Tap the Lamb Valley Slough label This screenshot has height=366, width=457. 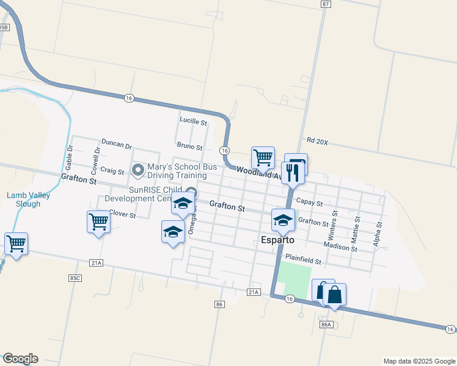(x=24, y=199)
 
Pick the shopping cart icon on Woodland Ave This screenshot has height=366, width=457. (x=263, y=157)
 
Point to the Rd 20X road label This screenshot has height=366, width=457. (x=318, y=142)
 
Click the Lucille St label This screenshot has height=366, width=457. (x=193, y=121)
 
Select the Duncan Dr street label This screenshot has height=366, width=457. (x=117, y=145)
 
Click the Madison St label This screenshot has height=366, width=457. (x=340, y=246)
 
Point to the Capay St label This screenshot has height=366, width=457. (x=309, y=202)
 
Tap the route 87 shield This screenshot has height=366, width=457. (x=325, y=4)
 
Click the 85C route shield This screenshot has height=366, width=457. (x=75, y=278)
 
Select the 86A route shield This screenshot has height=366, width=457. (x=326, y=325)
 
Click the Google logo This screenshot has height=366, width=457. (x=20, y=359)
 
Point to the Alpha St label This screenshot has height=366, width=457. (x=378, y=233)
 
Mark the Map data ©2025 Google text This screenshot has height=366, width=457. (x=419, y=361)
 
